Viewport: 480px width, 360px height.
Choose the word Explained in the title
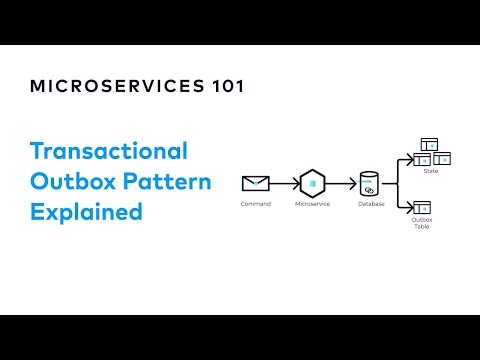coord(86,212)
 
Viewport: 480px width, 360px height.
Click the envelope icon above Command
coord(256,184)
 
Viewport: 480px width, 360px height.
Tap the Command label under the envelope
coord(256,204)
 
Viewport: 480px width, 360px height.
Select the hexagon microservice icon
coord(313,184)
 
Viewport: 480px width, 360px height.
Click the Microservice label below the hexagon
coord(313,204)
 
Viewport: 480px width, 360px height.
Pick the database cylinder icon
coord(369,185)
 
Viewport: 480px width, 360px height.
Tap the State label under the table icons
coord(431,171)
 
